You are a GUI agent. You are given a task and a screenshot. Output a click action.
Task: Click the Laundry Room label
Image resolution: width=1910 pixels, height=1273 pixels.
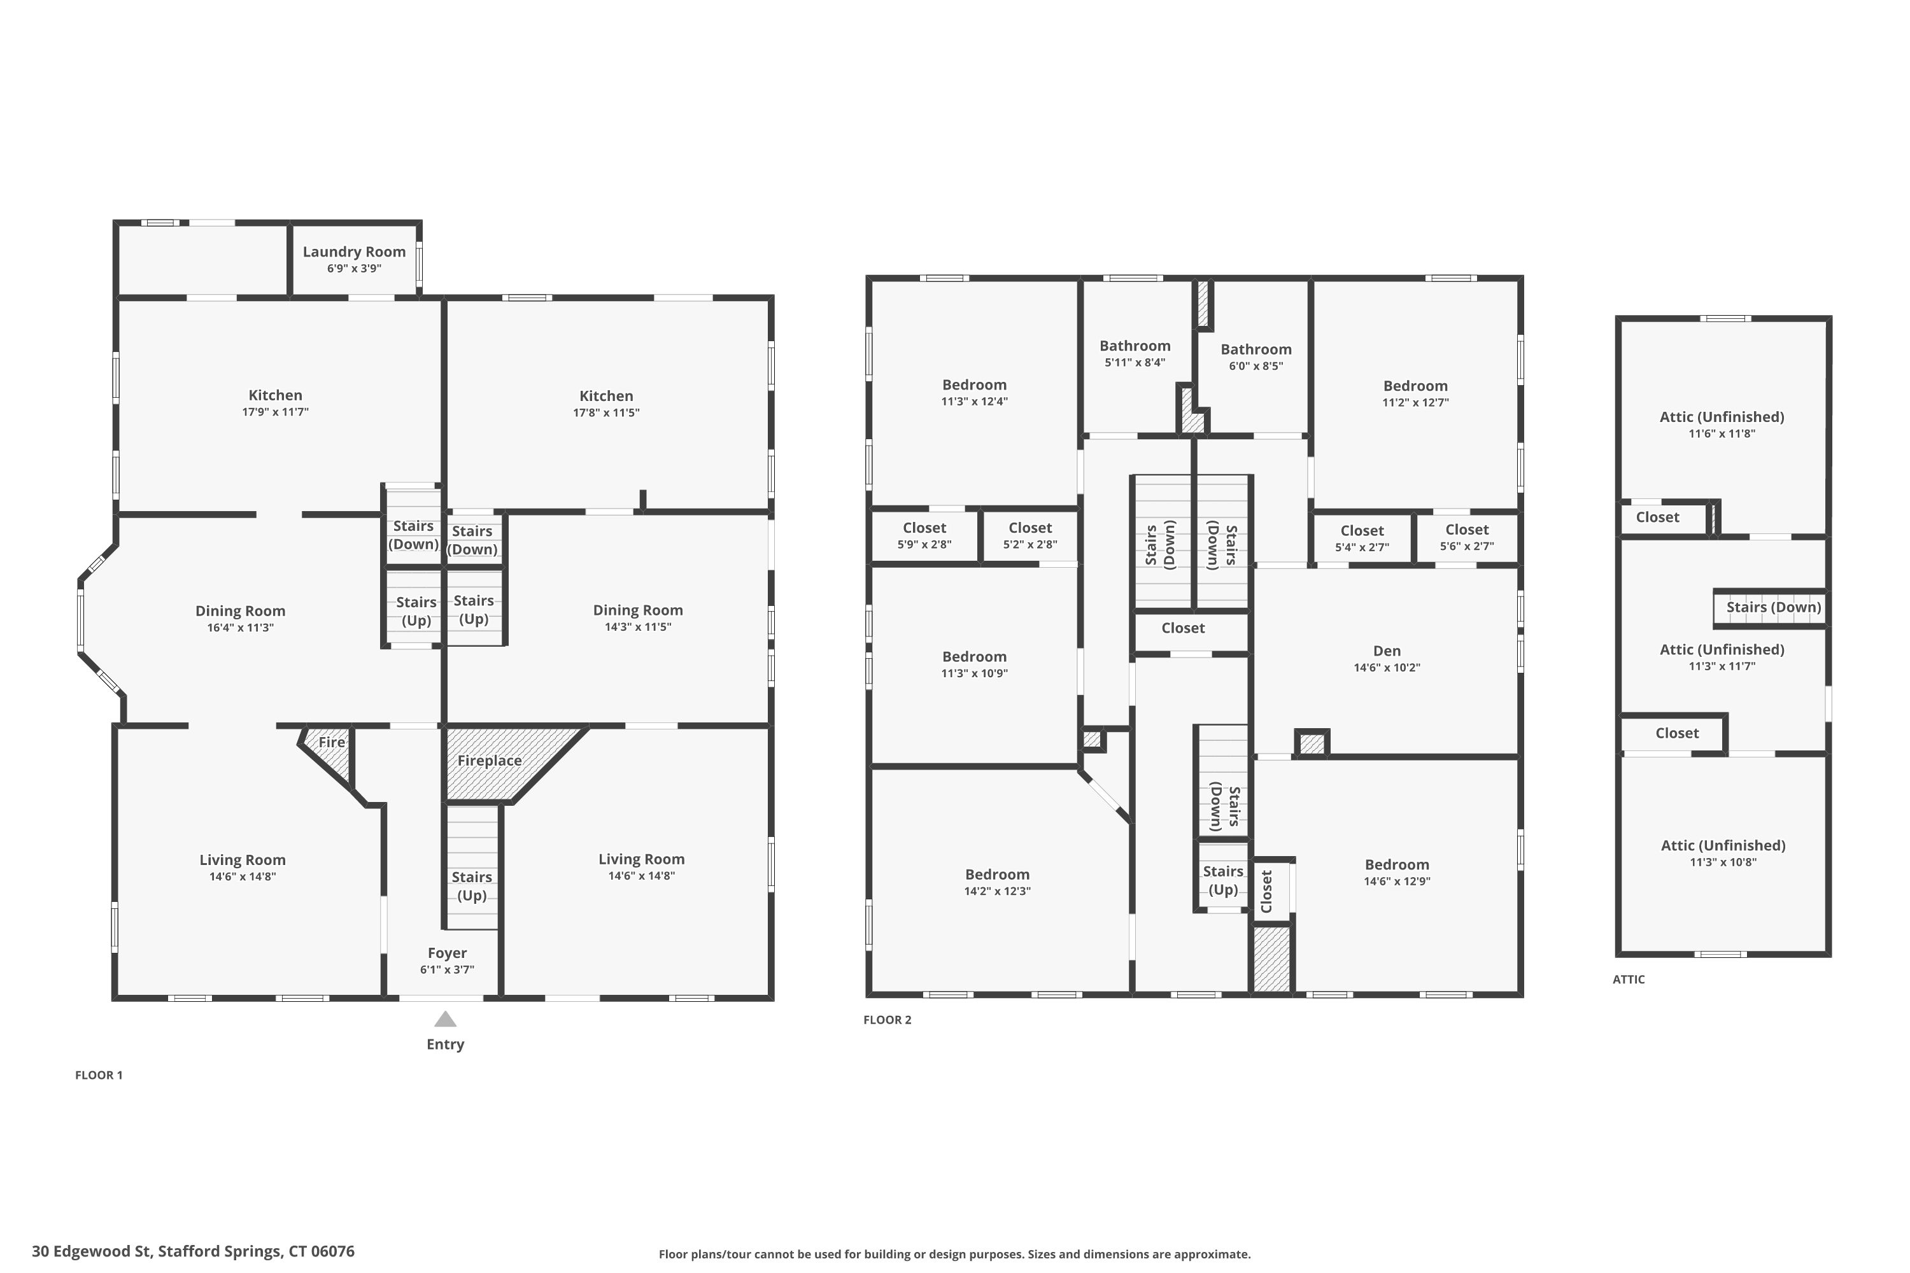(x=354, y=251)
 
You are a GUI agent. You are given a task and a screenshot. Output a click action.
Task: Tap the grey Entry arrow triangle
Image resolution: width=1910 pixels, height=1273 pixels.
(x=445, y=1019)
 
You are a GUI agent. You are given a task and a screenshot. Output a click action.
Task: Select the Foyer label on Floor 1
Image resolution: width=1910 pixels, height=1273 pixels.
(x=448, y=953)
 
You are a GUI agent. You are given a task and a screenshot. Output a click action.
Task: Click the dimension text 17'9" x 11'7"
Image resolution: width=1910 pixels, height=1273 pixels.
(x=275, y=412)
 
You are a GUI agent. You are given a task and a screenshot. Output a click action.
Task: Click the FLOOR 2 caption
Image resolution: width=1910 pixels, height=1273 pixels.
(x=888, y=1020)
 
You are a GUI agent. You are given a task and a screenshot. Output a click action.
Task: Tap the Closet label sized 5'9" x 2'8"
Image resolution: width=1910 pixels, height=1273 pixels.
(x=924, y=528)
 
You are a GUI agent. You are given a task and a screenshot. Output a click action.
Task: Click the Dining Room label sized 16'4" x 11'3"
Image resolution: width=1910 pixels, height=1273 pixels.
(x=241, y=611)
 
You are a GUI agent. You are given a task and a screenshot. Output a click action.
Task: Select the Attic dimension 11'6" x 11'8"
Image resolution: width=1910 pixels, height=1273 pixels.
(x=1722, y=433)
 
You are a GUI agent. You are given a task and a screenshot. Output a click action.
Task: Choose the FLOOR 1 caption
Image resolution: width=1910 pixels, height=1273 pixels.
(x=99, y=1076)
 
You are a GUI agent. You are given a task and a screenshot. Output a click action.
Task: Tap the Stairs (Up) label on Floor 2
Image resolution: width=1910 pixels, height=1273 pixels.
(x=1223, y=881)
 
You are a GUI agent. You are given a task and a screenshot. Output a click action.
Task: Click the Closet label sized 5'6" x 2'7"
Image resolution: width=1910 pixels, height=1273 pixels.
(x=1467, y=530)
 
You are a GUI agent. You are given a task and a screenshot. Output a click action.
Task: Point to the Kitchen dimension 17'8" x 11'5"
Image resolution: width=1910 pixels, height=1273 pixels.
(x=607, y=412)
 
